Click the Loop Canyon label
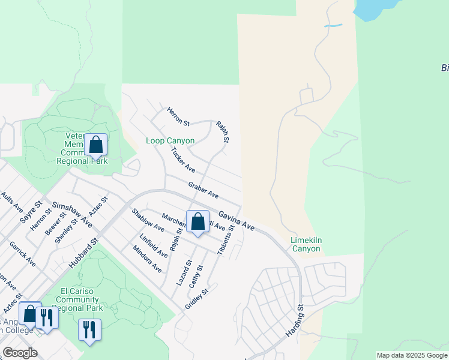coord(170,141)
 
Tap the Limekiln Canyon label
coord(306,244)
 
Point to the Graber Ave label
coord(203,191)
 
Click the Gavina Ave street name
coord(237,221)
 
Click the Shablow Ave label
coord(148,220)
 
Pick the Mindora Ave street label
coord(147,259)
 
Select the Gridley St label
coord(196,298)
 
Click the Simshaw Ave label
coord(72,213)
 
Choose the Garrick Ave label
coord(22,254)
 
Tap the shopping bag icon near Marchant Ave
coord(197,221)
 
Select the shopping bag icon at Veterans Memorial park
coord(95,145)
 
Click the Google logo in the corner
coord(20,353)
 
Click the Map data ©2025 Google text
coord(412,355)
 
